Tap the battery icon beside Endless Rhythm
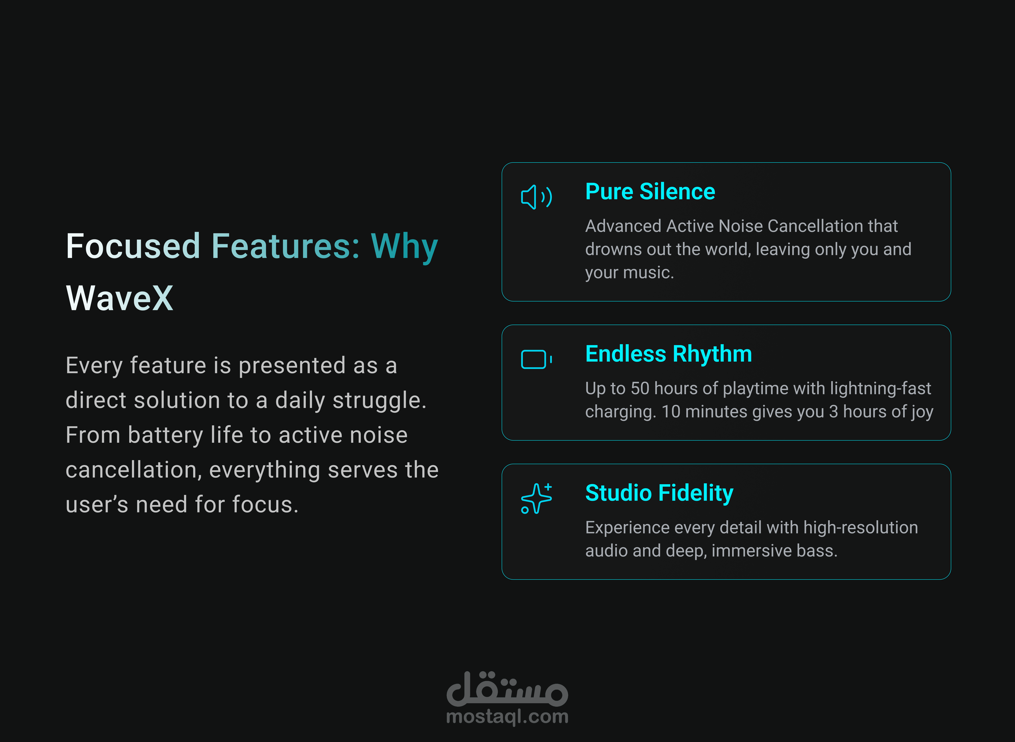point(534,359)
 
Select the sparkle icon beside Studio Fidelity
point(536,498)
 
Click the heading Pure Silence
point(650,192)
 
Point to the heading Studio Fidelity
point(659,493)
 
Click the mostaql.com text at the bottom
point(507,716)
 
